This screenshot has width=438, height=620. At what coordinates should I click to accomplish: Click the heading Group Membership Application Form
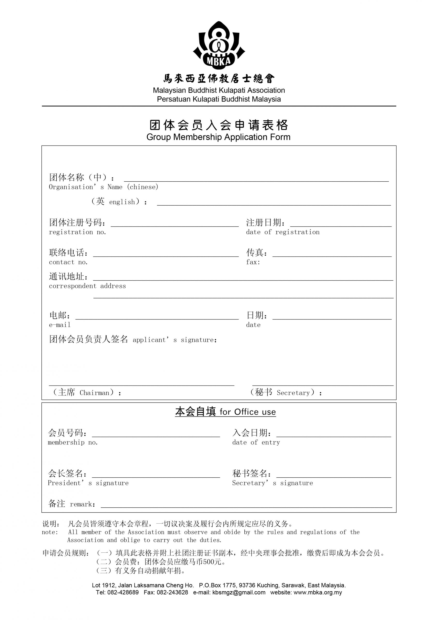[218, 137]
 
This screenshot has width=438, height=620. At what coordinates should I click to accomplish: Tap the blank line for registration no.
[175, 225]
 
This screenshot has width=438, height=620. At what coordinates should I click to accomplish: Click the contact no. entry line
[166, 255]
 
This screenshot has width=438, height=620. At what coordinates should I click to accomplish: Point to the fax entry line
[332, 255]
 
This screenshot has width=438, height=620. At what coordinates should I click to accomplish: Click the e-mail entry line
[157, 318]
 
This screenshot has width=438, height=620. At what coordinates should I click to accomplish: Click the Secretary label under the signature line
[286, 392]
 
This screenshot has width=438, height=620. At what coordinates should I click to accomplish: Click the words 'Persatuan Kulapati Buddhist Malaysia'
[219, 99]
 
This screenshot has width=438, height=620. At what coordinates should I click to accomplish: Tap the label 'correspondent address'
[87, 286]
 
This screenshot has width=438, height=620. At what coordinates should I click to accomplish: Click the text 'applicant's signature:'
[175, 340]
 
